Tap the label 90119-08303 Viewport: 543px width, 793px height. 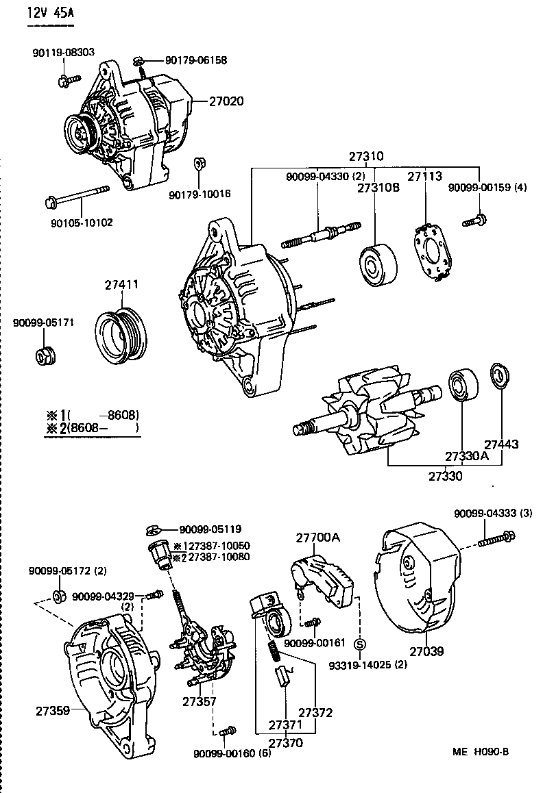coord(63,52)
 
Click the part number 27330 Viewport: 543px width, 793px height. coord(446,475)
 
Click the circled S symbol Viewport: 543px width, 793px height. coord(359,644)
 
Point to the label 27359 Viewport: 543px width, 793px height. coord(53,710)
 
